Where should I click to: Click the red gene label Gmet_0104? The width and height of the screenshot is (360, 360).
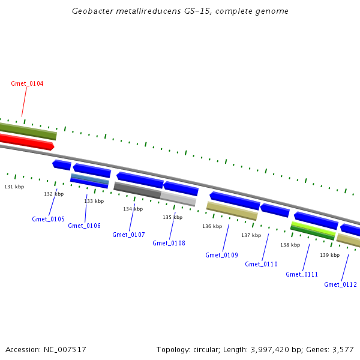click(x=27, y=83)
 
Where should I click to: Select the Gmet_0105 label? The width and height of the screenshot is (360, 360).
click(x=48, y=219)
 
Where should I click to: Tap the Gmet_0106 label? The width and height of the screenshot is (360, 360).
click(x=84, y=226)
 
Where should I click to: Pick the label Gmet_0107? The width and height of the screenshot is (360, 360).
click(x=128, y=235)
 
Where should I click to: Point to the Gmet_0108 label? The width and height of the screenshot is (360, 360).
click(x=169, y=243)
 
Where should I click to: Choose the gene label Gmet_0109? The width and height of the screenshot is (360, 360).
click(x=221, y=255)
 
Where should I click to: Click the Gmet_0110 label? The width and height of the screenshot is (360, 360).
click(x=262, y=264)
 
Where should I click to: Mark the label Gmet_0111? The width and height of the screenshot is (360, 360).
click(x=302, y=274)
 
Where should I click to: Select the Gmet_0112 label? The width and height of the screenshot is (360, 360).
click(x=340, y=284)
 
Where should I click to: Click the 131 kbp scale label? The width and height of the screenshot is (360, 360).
click(x=14, y=187)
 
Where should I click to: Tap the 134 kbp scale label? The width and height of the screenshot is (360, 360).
click(x=133, y=209)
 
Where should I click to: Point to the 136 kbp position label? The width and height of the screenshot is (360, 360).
click(x=212, y=226)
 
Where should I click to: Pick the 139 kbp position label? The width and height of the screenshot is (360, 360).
click(x=329, y=255)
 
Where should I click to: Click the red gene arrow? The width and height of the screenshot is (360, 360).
click(x=26, y=142)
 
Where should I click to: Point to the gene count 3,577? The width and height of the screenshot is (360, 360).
click(x=342, y=349)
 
